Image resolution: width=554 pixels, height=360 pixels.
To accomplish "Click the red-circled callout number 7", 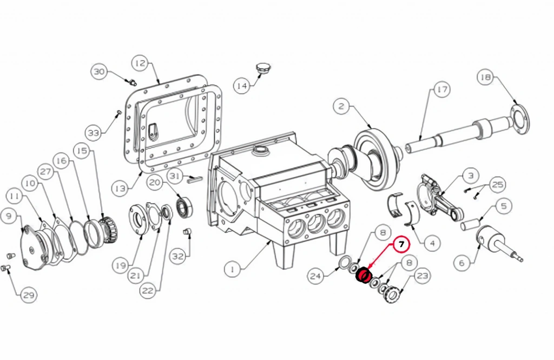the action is click(401, 244).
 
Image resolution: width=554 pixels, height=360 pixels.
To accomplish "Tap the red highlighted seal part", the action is click(362, 275).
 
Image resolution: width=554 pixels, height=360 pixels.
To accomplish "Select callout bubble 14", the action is click(242, 86).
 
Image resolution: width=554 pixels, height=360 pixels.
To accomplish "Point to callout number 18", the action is click(486, 77).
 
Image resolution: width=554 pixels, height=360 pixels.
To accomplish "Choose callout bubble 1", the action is click(233, 270).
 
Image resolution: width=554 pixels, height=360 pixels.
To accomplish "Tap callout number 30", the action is click(100, 72).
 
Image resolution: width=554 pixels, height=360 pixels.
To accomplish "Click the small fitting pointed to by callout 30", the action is click(133, 83).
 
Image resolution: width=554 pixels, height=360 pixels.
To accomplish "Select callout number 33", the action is click(93, 133).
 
